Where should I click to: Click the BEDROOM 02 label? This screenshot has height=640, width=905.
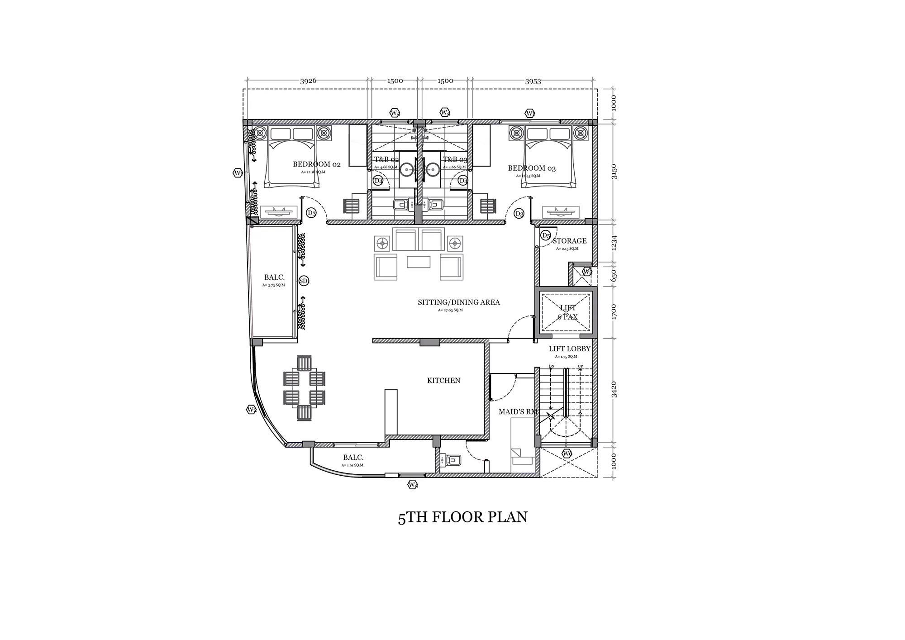pyautogui.click(x=316, y=164)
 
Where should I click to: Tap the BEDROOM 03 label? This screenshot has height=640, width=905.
pyautogui.click(x=532, y=168)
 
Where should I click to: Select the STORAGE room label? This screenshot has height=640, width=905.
pyautogui.click(x=569, y=241)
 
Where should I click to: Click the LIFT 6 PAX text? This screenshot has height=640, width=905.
pyautogui.click(x=567, y=312)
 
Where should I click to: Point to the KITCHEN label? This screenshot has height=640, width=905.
pyautogui.click(x=443, y=381)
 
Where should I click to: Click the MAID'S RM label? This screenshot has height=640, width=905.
pyautogui.click(x=518, y=412)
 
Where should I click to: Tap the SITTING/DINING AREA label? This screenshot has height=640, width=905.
pyautogui.click(x=459, y=302)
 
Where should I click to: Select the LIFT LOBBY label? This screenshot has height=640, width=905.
pyautogui.click(x=569, y=349)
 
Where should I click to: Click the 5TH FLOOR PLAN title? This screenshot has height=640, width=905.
pyautogui.click(x=462, y=517)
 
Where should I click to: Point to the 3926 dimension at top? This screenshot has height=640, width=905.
pyautogui.click(x=308, y=81)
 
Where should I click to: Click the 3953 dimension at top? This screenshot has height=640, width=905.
pyautogui.click(x=533, y=81)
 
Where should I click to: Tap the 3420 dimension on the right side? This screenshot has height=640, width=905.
pyautogui.click(x=614, y=390)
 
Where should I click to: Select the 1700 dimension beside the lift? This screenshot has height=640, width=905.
pyautogui.click(x=614, y=312)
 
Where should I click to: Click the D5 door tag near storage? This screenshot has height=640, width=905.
pyautogui.click(x=546, y=235)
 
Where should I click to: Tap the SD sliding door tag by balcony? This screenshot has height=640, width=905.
pyautogui.click(x=304, y=281)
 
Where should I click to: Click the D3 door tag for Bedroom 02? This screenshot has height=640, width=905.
pyautogui.click(x=311, y=213)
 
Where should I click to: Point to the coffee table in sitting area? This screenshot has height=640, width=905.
pyautogui.click(x=418, y=262)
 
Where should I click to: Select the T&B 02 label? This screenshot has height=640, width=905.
pyautogui.click(x=386, y=160)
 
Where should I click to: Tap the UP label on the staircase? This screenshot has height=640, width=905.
pyautogui.click(x=581, y=367)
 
